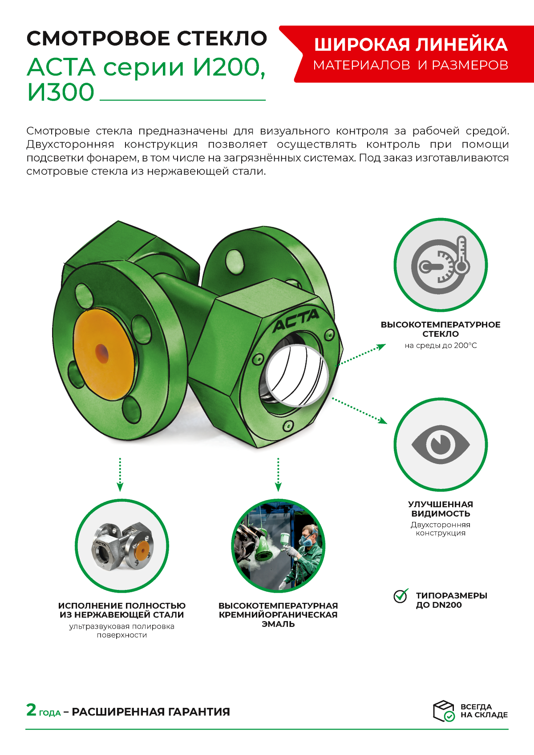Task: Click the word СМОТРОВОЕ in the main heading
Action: click(x=98, y=38)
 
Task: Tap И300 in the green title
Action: click(x=61, y=92)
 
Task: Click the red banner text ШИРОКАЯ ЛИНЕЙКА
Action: click(x=411, y=45)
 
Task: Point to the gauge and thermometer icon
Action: click(x=441, y=265)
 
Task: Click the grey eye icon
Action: click(x=441, y=444)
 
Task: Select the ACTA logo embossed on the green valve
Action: click(x=295, y=321)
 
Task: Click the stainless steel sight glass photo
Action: click(x=122, y=546)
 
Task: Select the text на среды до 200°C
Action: click(x=441, y=346)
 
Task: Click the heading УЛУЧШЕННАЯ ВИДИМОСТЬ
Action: click(x=441, y=509)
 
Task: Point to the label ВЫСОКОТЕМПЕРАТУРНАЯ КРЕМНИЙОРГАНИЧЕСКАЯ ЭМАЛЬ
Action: click(x=278, y=614)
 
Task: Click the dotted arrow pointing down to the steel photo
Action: click(x=120, y=474)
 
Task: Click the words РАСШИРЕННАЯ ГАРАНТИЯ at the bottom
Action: click(x=151, y=712)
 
